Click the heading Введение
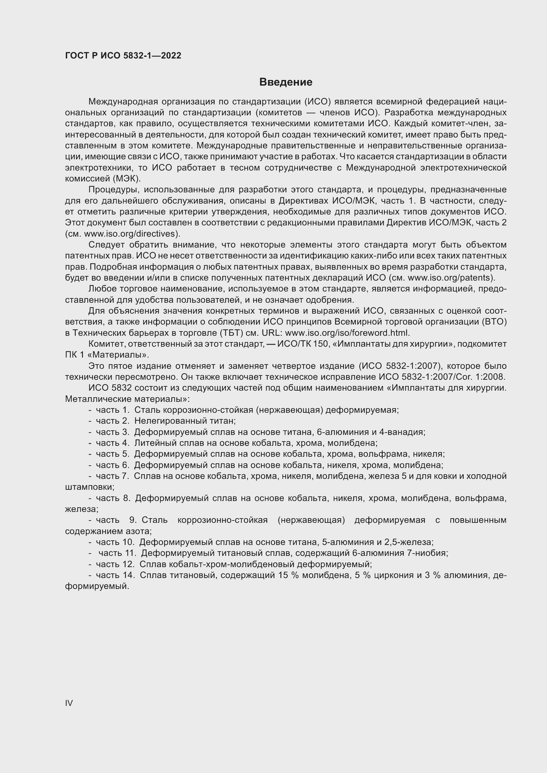286,82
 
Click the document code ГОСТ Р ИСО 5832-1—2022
123,56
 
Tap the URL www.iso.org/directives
131,234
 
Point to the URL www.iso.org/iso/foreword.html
347,333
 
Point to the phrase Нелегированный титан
185,421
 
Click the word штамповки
90,487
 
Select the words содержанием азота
108,531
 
